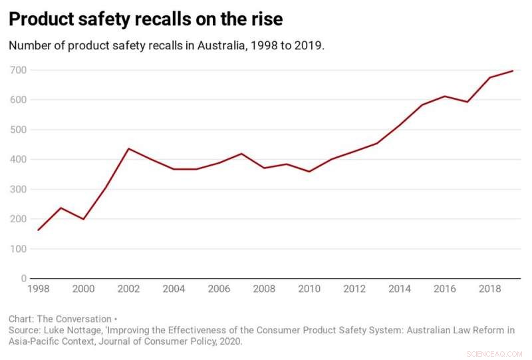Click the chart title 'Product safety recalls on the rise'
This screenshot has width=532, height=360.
(x=146, y=19)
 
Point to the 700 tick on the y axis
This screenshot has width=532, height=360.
(x=18, y=70)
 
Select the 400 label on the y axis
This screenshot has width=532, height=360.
(x=18, y=160)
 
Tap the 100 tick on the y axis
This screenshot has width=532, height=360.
(x=18, y=249)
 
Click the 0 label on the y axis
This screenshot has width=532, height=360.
(x=23, y=279)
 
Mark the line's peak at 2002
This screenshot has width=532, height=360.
(x=128, y=148)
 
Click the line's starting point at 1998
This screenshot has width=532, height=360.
(x=39, y=230)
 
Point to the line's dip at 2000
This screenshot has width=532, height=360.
(x=83, y=219)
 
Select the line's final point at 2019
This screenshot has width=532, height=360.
(x=513, y=71)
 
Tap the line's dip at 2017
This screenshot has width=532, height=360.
(x=467, y=102)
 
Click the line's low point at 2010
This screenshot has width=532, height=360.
(x=309, y=172)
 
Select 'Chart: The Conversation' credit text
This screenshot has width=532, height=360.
(x=60, y=319)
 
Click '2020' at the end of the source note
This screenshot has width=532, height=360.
(x=229, y=341)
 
